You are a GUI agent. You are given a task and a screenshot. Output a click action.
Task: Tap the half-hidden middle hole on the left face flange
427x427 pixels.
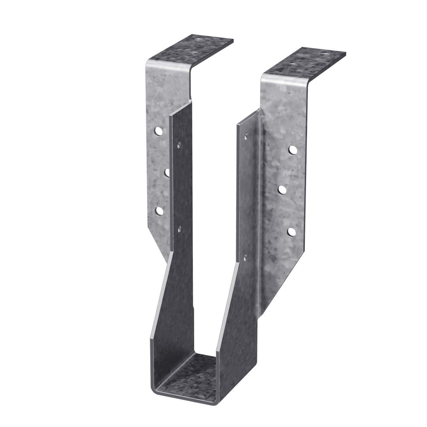168,172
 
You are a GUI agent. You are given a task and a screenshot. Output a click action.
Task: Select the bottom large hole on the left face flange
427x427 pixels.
159,211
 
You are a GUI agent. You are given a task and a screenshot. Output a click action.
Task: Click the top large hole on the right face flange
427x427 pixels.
293,150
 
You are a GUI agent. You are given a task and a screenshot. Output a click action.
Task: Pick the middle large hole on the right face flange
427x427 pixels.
282,190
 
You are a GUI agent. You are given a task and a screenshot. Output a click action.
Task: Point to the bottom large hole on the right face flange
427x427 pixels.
291,232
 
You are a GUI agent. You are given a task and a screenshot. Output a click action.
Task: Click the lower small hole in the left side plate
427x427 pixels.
179,228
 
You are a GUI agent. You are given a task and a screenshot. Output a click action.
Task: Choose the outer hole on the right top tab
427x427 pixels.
324,53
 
